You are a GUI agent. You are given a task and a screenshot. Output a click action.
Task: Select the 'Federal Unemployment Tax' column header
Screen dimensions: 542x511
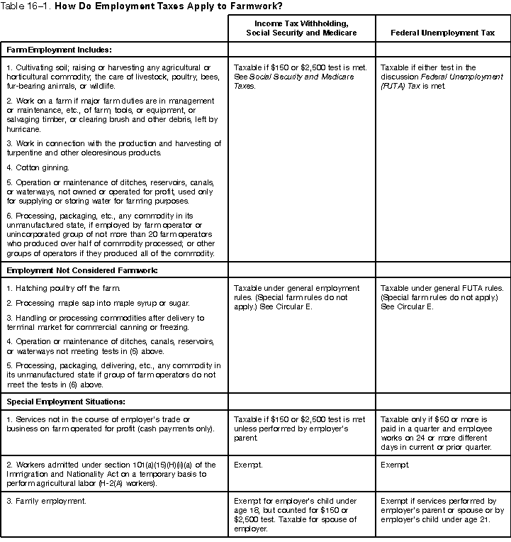point(442,33)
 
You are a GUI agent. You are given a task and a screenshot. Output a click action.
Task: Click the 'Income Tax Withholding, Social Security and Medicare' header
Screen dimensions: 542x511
point(301,28)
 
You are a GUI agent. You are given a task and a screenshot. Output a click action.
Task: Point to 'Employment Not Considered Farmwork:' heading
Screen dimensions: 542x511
point(82,270)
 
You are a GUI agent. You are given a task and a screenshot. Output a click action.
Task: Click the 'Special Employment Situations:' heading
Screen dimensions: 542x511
point(66,402)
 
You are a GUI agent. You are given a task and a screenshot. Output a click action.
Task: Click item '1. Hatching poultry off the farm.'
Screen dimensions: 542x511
point(63,288)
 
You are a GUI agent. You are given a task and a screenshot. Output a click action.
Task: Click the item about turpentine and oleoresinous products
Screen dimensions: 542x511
point(113,148)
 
